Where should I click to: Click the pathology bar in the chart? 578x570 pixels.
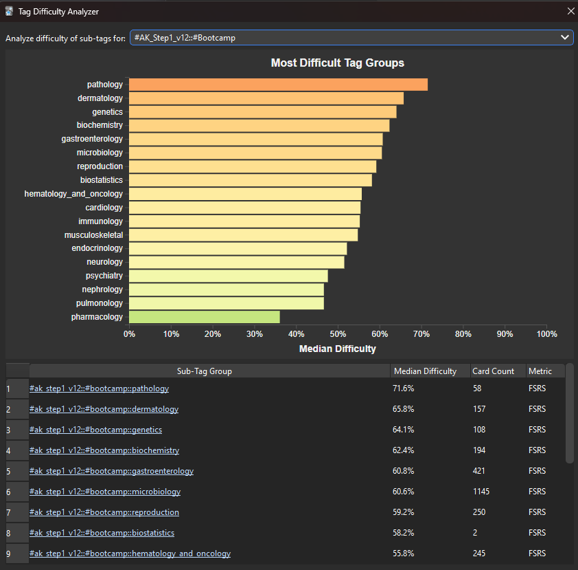tap(278, 85)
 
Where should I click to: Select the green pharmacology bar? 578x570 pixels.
tap(204, 317)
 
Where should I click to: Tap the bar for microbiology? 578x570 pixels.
tap(255, 153)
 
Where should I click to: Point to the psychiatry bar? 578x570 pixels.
tap(228, 276)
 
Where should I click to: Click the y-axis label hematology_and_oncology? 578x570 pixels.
tap(73, 194)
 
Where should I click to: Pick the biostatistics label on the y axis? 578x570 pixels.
tap(102, 180)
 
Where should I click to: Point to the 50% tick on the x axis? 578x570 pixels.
tap(338, 334)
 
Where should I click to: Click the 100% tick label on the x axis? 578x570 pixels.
tap(546, 334)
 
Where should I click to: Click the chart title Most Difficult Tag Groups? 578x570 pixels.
tap(337, 63)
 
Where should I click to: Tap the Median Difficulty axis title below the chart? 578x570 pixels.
tap(337, 349)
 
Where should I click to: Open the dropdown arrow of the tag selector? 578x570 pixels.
tap(564, 37)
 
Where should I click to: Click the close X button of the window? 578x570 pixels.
tap(570, 11)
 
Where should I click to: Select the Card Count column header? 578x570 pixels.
tap(493, 371)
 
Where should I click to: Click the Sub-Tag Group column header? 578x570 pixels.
tap(205, 371)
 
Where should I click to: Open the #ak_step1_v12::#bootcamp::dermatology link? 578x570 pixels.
tap(104, 409)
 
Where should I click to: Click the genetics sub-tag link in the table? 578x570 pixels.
tap(95, 430)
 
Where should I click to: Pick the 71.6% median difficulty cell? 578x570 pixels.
tap(404, 388)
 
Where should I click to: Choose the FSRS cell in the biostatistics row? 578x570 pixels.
tap(537, 533)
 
